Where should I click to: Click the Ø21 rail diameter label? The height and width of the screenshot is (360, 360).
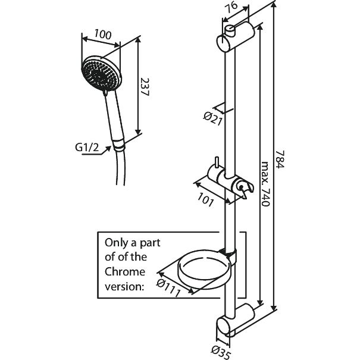(213, 118)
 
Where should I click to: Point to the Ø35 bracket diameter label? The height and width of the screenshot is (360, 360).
(220, 351)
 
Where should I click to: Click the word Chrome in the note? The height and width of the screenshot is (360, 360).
(125, 272)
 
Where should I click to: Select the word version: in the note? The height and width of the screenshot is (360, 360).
(125, 286)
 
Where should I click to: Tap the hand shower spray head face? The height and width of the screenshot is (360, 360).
(98, 74)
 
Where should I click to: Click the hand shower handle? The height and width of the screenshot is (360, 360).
(113, 119)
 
